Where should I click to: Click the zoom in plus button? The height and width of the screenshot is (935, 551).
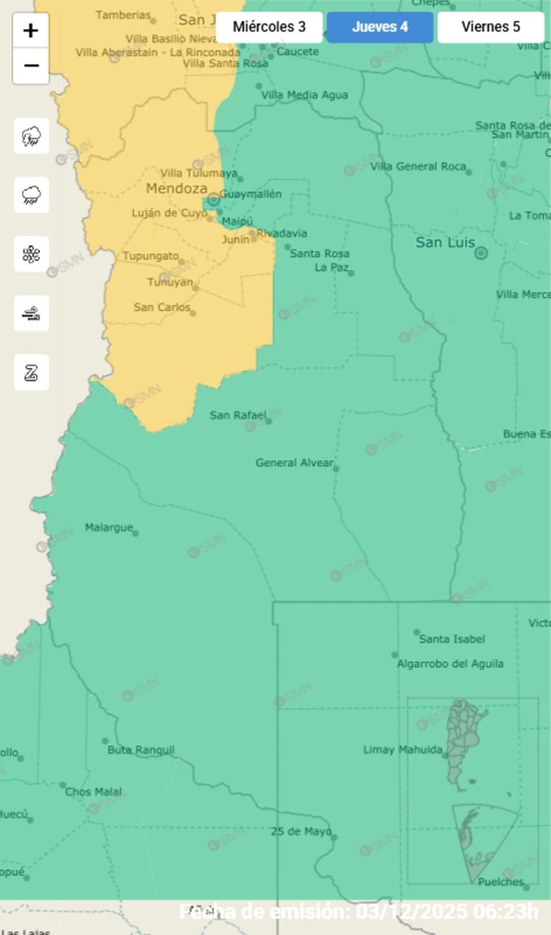tap(31, 31)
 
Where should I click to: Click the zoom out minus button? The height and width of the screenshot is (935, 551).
tap(31, 66)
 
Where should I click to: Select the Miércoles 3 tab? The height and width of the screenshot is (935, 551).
tap(269, 27)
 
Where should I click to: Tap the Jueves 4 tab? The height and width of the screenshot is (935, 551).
tap(380, 27)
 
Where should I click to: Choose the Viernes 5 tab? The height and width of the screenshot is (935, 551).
tap(490, 27)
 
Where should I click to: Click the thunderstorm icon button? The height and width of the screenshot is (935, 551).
tap(31, 136)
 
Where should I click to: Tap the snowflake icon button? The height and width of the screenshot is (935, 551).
tap(31, 254)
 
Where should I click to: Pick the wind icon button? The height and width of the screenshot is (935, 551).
tap(31, 314)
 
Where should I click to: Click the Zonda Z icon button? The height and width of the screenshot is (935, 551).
tap(31, 372)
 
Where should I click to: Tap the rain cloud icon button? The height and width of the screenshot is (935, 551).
tap(31, 195)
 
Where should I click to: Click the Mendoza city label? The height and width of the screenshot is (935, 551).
tap(176, 188)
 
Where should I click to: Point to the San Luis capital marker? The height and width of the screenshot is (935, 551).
tap(481, 253)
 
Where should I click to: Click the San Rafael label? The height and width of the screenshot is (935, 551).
tap(238, 415)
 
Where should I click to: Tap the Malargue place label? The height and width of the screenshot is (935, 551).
tap(109, 527)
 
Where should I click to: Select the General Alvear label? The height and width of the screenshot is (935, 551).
tap(294, 462)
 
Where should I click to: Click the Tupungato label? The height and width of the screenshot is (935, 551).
tap(151, 256)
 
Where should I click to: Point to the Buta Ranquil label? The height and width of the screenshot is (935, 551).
tap(141, 750)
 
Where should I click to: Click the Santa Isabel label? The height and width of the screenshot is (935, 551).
tap(452, 639)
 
